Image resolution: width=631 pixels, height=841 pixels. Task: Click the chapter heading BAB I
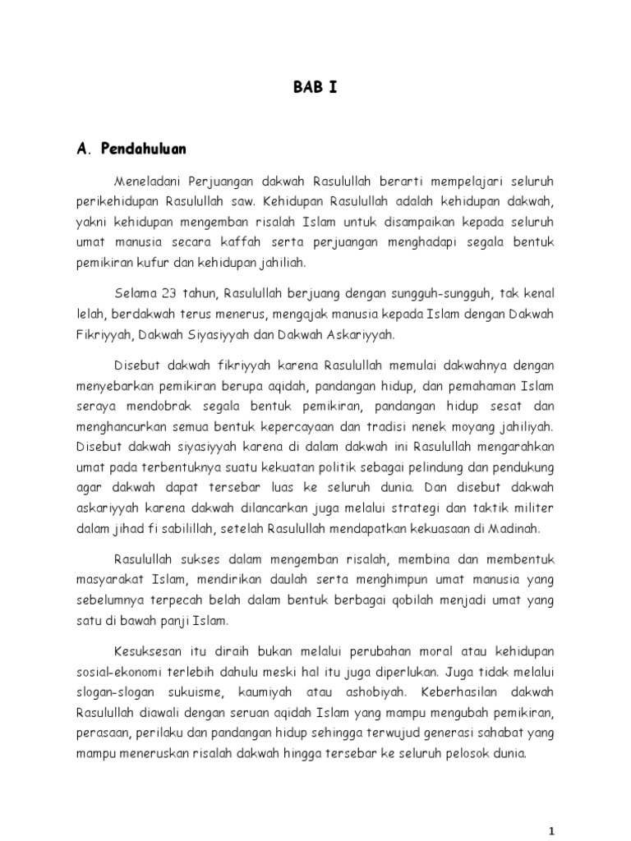pyautogui.click(x=315, y=88)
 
